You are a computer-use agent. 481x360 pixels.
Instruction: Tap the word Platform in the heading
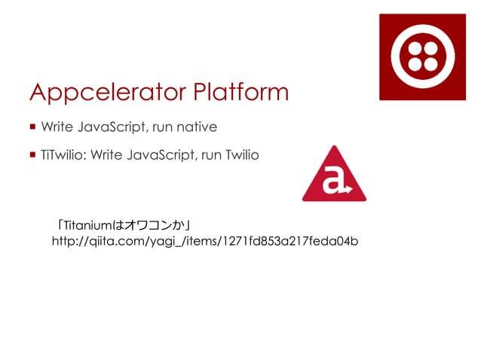pyautogui.click(x=239, y=92)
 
